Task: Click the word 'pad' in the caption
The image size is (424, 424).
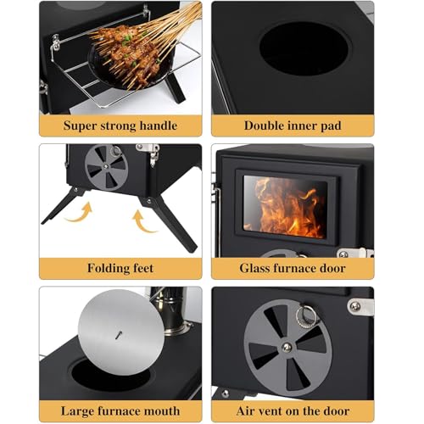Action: coord(331,126)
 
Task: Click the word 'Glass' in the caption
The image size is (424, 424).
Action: coord(254,268)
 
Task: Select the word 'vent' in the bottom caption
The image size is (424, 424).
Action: coord(271,411)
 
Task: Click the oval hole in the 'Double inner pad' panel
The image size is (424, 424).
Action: coord(305,48)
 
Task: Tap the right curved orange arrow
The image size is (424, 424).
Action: coord(144,221)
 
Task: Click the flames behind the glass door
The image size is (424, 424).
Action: coord(286,207)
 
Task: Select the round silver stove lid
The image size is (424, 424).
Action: coord(121,332)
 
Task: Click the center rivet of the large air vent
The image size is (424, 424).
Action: coord(287,348)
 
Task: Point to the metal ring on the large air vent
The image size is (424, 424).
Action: coord(305,316)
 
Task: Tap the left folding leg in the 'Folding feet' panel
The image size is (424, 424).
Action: coord(63,204)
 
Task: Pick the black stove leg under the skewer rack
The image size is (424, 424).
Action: coord(175,87)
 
